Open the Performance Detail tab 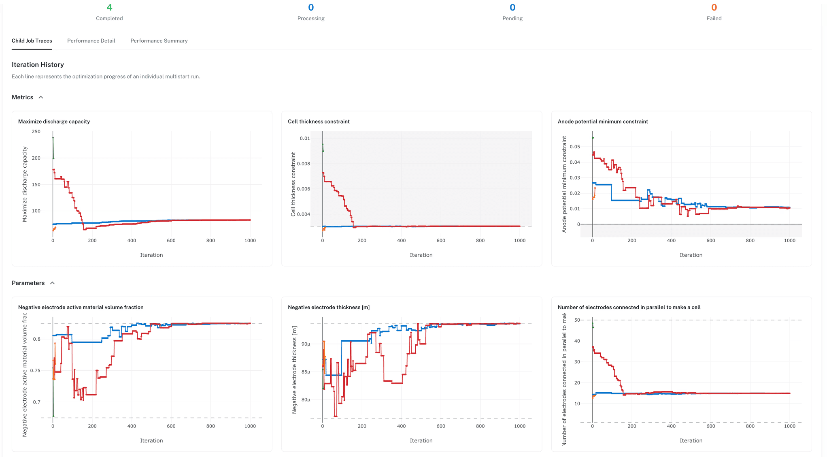tap(91, 41)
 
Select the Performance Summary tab tap(159, 41)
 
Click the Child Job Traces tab tap(32, 41)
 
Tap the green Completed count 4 tap(109, 8)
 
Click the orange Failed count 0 tap(714, 8)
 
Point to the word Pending tap(512, 19)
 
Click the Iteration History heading tap(38, 65)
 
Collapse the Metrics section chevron tap(41, 97)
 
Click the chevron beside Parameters tap(52, 283)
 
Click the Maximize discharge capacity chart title tap(54, 122)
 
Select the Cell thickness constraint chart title tap(319, 122)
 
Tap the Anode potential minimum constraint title tap(603, 122)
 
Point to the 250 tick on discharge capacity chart tap(36, 132)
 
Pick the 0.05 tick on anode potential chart tap(574, 147)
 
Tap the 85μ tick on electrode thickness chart tap(306, 372)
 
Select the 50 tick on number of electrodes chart tap(577, 320)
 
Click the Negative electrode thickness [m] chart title tap(329, 308)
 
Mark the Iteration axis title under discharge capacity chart tap(151, 255)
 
